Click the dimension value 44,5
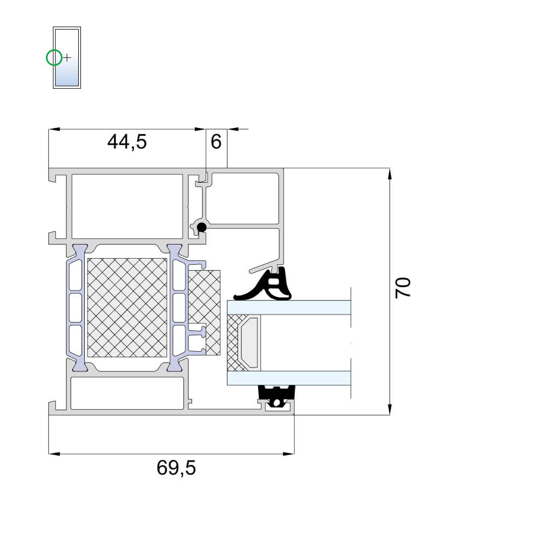[x=127, y=142]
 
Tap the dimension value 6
[x=216, y=142]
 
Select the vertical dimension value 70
[x=403, y=288]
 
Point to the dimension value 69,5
[x=176, y=468]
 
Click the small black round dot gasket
[x=201, y=228]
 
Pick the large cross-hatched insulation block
[x=127, y=307]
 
